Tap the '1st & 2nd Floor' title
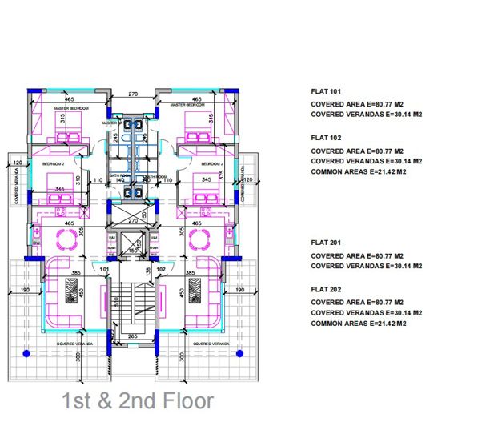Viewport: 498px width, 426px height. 138,401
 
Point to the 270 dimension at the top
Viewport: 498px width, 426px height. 134,94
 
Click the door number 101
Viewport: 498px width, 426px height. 104,270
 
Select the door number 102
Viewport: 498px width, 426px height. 163,270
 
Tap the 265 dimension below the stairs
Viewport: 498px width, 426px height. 133,336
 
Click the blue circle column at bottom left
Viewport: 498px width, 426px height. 26,353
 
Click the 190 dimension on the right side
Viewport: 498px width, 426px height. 239,289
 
